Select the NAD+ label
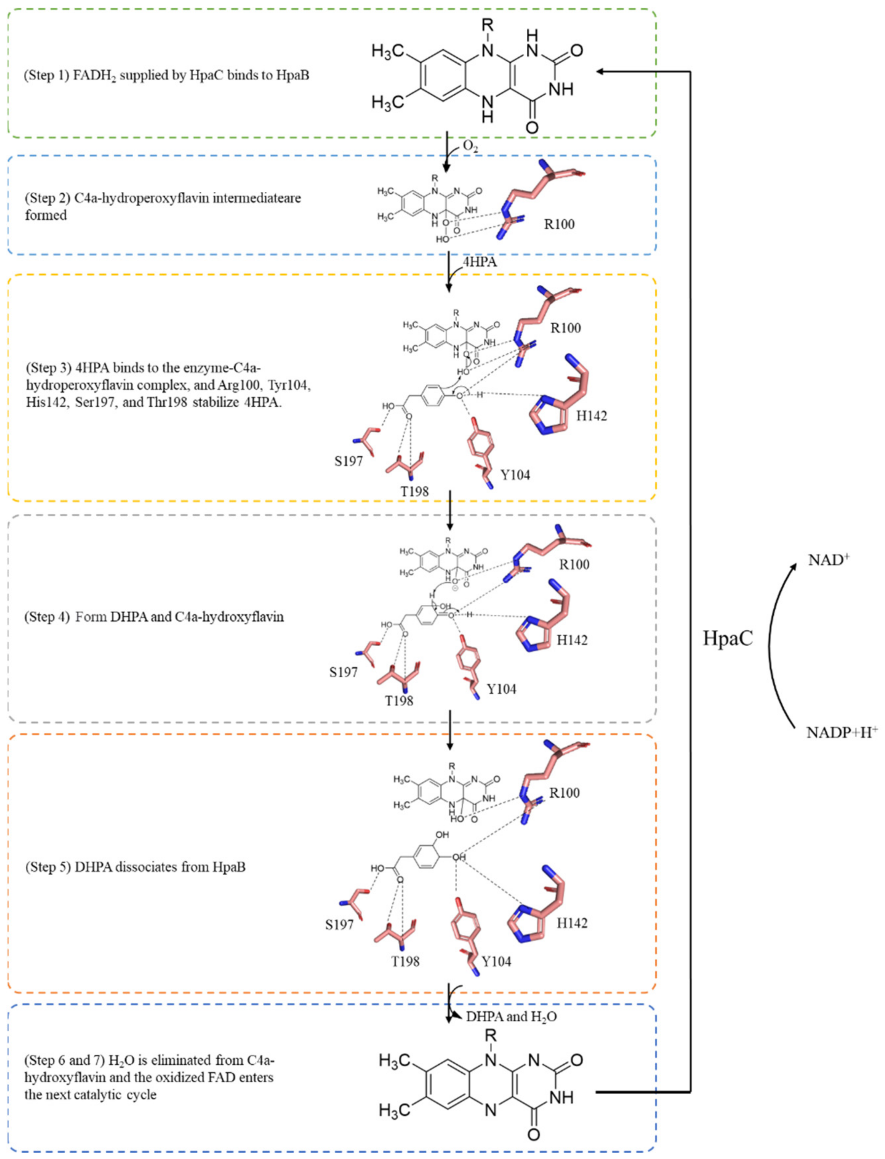829,560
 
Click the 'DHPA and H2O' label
511,1017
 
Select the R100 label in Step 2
559,224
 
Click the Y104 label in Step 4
501,689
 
